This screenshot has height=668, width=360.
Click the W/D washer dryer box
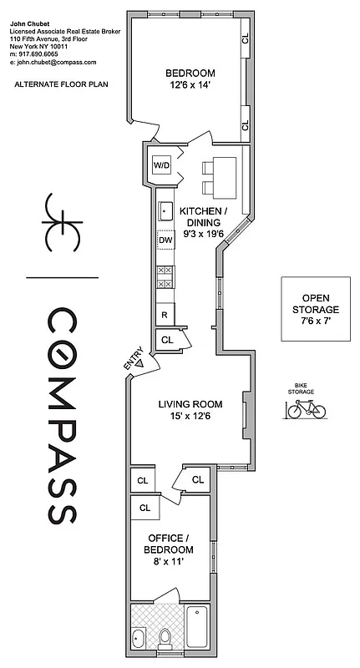pyautogui.click(x=160, y=164)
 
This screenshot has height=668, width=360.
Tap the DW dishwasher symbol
pyautogui.click(x=165, y=240)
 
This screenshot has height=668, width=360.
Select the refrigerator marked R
pyautogui.click(x=165, y=315)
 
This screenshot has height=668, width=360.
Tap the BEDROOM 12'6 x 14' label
pyautogui.click(x=190, y=78)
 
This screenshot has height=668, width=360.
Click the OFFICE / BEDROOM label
pyautogui.click(x=170, y=544)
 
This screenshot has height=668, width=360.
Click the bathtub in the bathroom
pyautogui.click(x=198, y=627)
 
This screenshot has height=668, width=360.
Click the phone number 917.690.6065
pyautogui.click(x=44, y=54)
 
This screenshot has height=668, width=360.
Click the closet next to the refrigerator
pyautogui.click(x=167, y=341)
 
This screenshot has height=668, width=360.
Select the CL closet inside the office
pyautogui.click(x=145, y=507)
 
